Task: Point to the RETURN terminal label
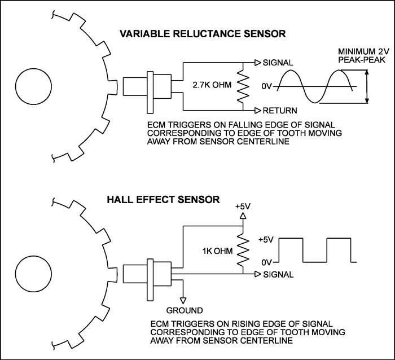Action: point(280,111)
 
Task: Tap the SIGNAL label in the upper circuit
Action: point(278,62)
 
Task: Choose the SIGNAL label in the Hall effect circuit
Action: point(278,275)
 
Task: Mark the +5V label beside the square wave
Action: point(267,239)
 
